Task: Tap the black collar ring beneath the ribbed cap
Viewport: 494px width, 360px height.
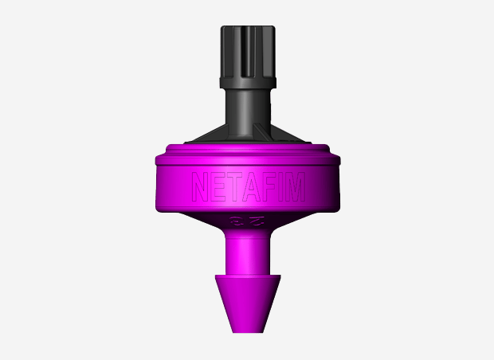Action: tap(246, 80)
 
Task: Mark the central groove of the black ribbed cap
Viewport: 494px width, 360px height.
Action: tap(246, 48)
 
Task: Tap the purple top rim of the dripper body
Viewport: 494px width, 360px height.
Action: tap(246, 151)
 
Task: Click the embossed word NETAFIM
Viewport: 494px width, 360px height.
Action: tap(246, 189)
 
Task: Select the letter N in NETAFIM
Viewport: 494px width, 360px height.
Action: tap(200, 188)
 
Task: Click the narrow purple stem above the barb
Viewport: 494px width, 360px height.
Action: tap(246, 251)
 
